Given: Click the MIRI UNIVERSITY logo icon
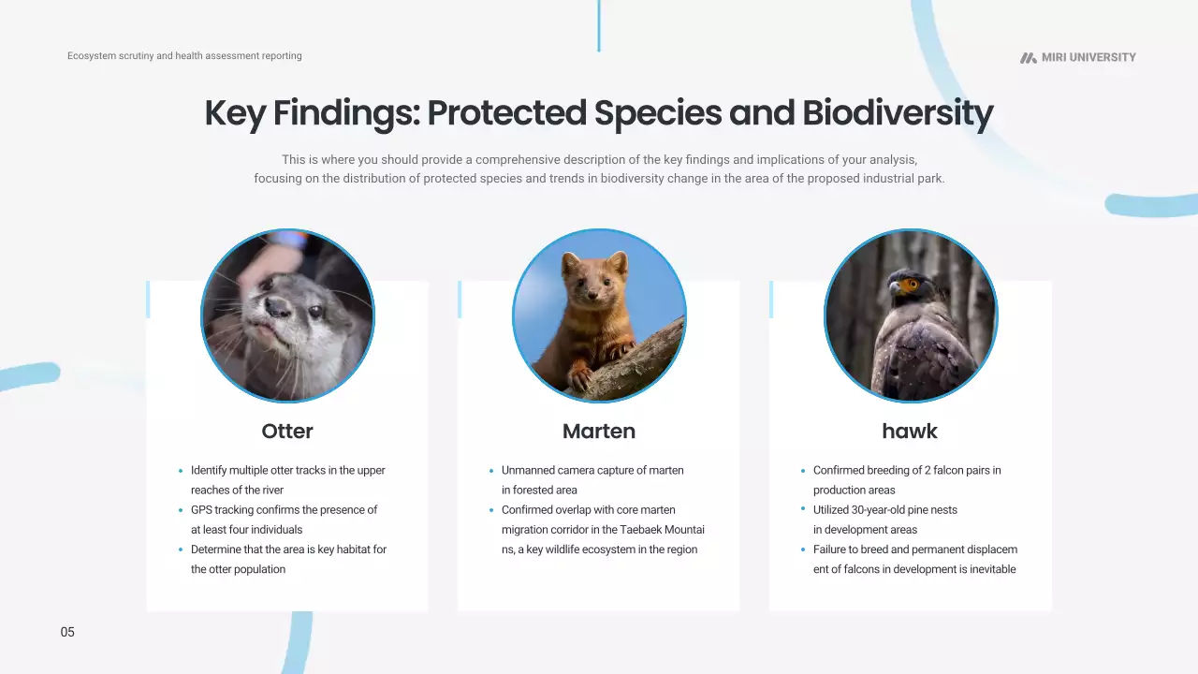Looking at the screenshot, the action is [1028, 58].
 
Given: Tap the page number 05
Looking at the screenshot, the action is [67, 632].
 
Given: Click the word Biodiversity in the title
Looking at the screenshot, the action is [898, 113].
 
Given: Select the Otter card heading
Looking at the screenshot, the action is [287, 432].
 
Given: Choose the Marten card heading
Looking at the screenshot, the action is [599, 432].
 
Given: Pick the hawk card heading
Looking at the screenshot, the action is [910, 432].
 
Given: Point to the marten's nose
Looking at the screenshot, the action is [592, 294].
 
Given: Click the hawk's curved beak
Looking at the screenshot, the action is [894, 288].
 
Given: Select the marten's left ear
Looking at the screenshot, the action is [570, 263].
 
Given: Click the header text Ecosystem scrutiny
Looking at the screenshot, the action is [110, 55].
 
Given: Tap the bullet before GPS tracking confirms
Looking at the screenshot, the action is [181, 510].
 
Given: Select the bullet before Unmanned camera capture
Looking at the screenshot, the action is [491, 471].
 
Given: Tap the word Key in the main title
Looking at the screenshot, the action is [235, 113].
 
